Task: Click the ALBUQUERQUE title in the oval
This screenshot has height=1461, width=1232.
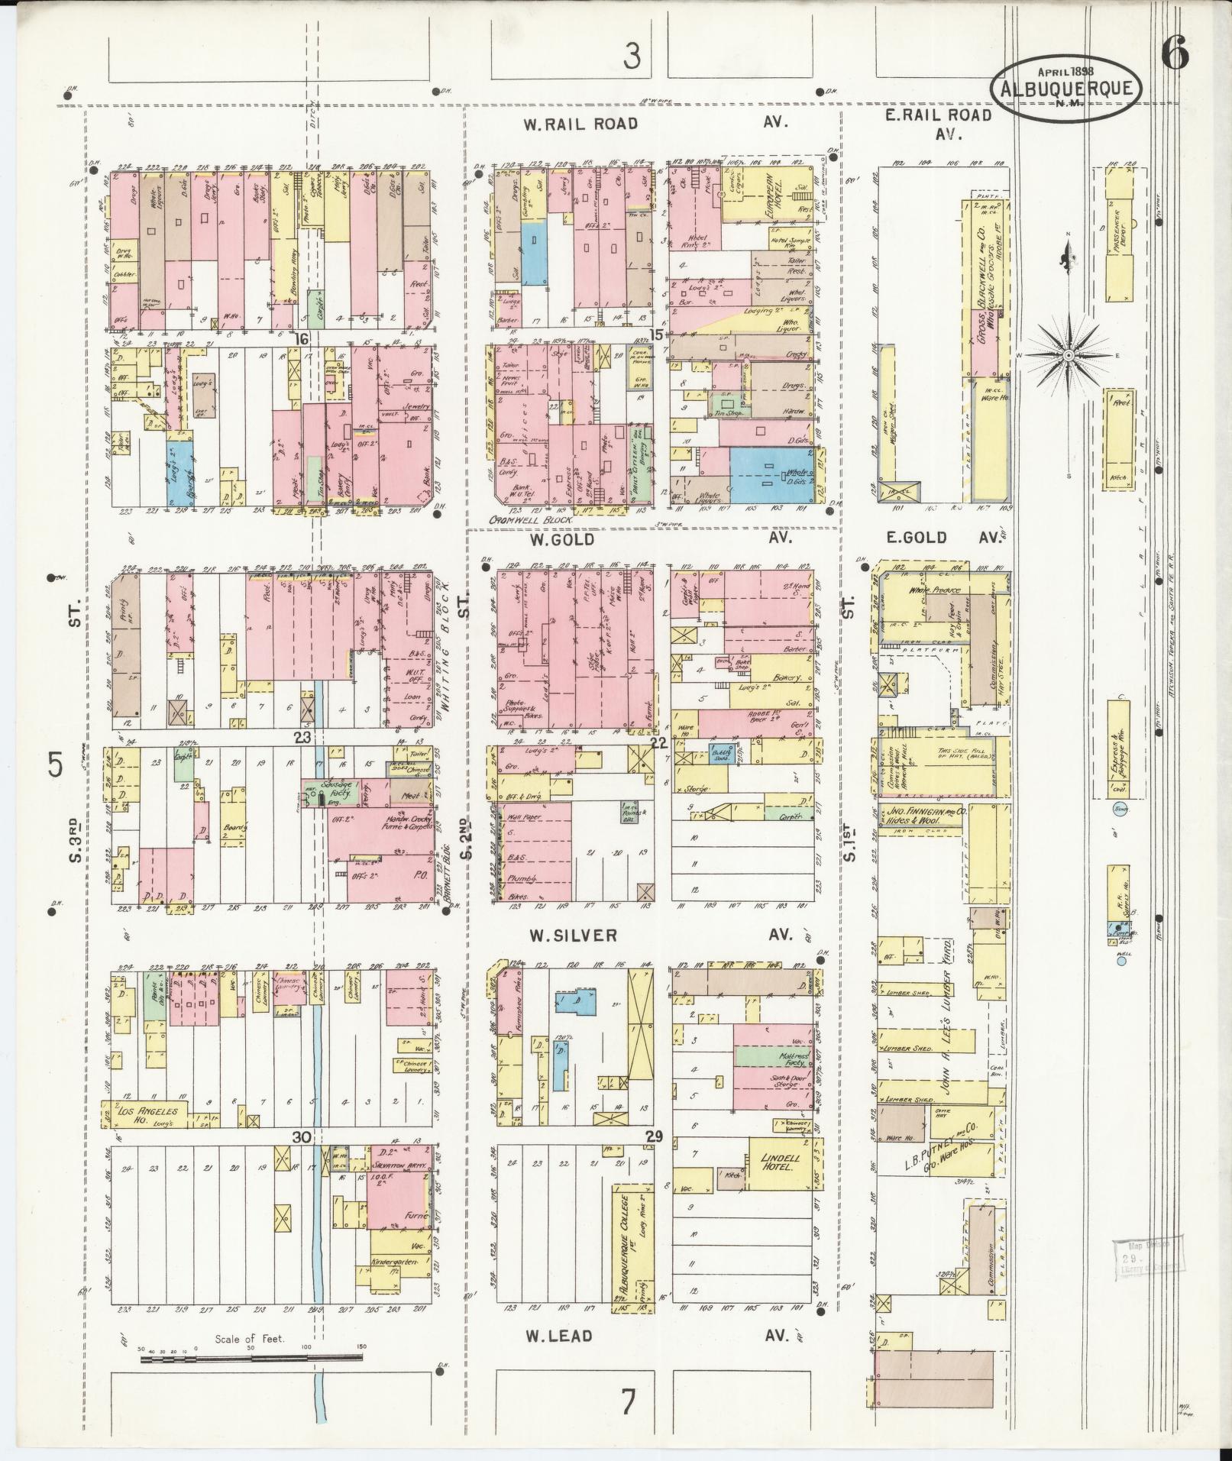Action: point(1066,89)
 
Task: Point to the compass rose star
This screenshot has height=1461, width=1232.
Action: point(1069,355)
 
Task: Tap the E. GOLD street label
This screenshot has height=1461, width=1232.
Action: point(916,538)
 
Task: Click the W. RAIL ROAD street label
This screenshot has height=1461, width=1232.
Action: point(580,124)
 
